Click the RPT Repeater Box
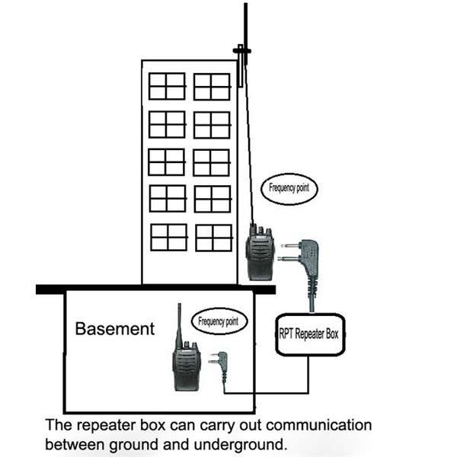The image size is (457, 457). point(311,333)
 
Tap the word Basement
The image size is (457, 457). point(114,329)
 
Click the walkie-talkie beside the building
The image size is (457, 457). point(259,255)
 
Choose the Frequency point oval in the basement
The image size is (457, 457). point(219,322)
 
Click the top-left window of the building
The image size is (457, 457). point(167,86)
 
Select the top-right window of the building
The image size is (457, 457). point(212,86)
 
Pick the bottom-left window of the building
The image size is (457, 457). point(168,237)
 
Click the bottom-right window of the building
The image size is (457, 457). point(213,237)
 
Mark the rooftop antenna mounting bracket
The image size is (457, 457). point(241,51)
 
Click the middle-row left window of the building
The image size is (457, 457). point(167,161)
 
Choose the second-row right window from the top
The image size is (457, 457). point(212,124)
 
